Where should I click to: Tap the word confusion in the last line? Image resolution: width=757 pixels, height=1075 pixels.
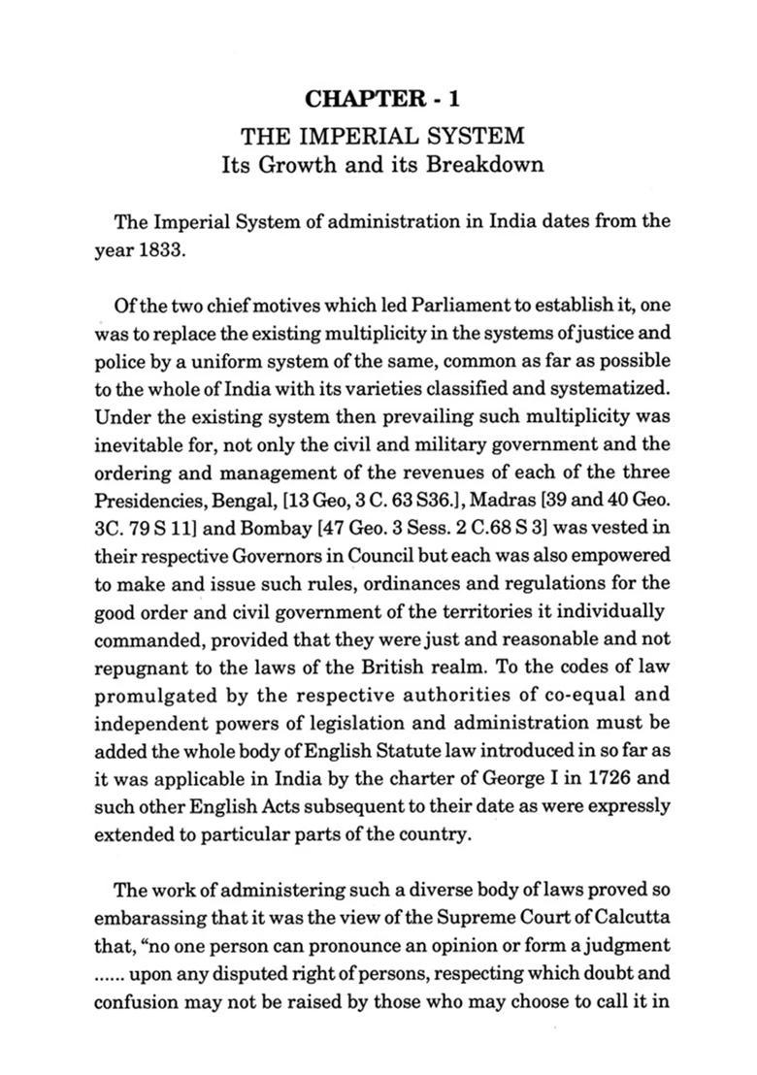point(134,1000)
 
